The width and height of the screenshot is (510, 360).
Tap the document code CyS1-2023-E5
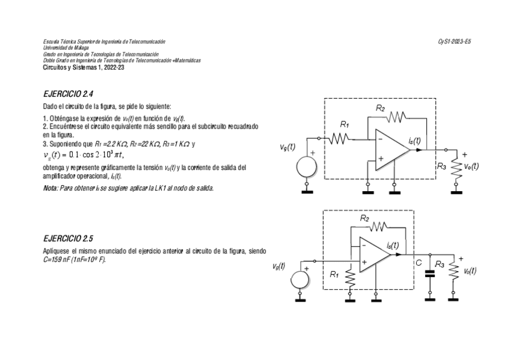point(454,41)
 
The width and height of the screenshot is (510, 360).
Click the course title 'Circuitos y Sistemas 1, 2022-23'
point(84,67)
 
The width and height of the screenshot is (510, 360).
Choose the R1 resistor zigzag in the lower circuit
point(350,278)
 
